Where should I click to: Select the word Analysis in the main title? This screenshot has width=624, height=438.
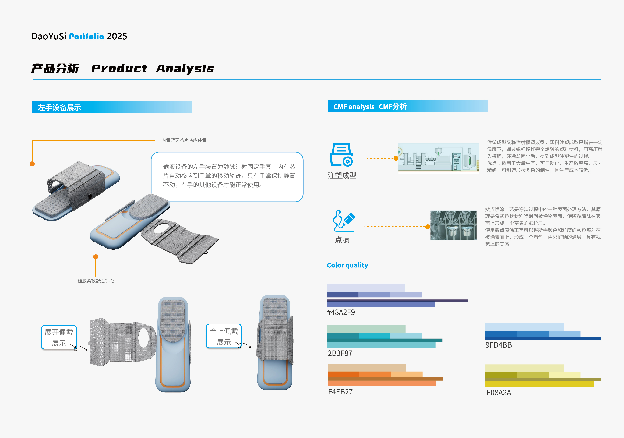tap(185, 68)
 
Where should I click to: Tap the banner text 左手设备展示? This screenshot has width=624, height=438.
tap(59, 108)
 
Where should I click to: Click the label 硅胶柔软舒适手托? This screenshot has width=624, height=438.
tap(96, 281)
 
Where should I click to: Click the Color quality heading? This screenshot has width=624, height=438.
tap(347, 265)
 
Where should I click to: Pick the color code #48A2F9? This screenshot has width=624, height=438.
tap(341, 312)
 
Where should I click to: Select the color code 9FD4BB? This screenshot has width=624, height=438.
tap(498, 345)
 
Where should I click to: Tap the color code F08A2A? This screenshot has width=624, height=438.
tap(499, 393)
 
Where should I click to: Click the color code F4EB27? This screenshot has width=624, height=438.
tap(340, 392)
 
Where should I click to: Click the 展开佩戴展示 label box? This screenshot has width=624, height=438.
tap(59, 337)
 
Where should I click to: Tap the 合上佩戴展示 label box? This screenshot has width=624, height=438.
tap(224, 336)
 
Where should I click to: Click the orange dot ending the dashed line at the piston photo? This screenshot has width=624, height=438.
tap(428, 227)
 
